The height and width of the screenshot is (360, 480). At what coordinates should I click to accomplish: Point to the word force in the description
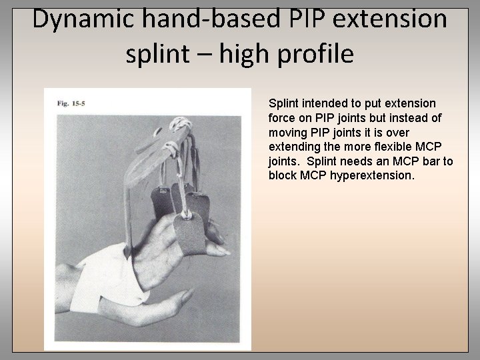click(x=281, y=118)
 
